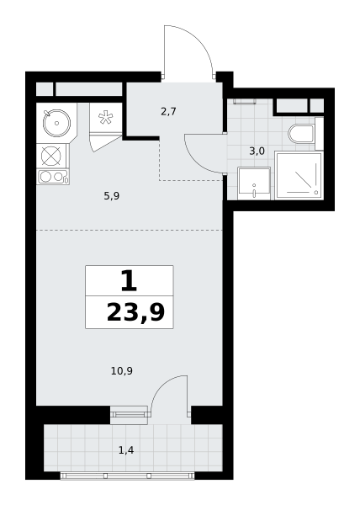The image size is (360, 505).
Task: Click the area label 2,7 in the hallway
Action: click(x=168, y=112)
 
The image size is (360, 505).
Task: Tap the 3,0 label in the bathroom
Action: click(x=257, y=151)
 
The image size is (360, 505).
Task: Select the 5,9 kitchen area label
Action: click(x=112, y=196)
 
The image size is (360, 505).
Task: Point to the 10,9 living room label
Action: click(x=122, y=371)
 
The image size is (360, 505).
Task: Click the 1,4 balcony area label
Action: click(x=126, y=450)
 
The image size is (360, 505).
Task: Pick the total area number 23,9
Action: click(x=135, y=312)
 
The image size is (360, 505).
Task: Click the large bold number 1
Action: click(x=129, y=281)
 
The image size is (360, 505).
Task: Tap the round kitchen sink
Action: click(x=56, y=123)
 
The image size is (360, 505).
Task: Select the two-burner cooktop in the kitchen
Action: click(x=53, y=177)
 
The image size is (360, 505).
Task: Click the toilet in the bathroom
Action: click(x=301, y=134)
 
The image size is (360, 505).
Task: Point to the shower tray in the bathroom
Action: click(x=299, y=176)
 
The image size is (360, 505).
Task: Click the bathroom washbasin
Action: click(x=254, y=183)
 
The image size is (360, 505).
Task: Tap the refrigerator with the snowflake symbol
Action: click(x=105, y=118)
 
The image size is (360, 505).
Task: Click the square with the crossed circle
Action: click(x=51, y=156)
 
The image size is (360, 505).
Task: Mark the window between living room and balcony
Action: click(x=129, y=415)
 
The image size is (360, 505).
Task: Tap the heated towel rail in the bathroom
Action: click(x=245, y=102)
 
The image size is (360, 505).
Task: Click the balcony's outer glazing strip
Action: click(x=127, y=476)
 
